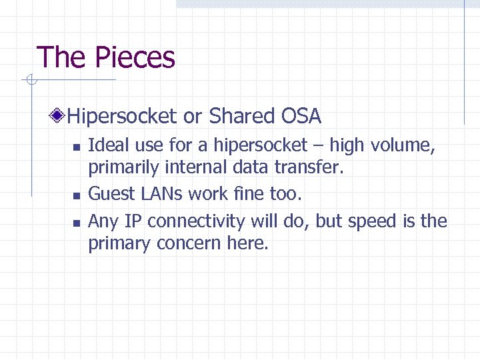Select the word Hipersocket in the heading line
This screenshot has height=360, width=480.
click(123, 117)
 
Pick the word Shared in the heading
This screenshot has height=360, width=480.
click(239, 117)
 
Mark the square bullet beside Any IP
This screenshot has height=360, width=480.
click(77, 221)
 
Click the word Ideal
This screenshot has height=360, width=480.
click(105, 145)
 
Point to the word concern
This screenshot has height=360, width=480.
click(189, 244)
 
